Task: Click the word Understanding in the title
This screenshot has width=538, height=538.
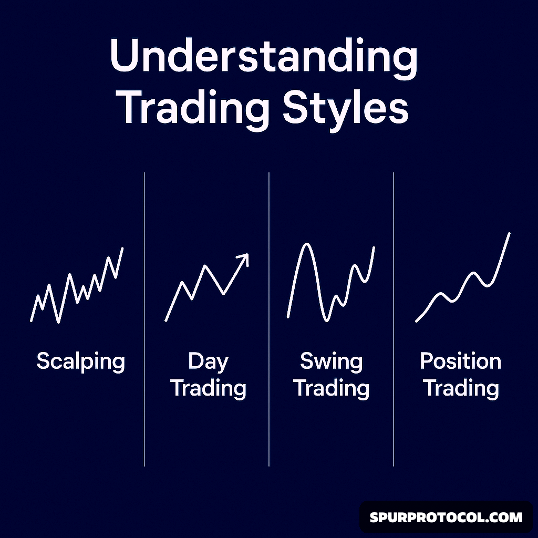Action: click(264, 58)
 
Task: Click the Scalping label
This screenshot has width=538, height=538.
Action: click(81, 362)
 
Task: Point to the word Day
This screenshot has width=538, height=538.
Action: click(208, 361)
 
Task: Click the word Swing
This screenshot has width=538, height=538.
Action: click(331, 361)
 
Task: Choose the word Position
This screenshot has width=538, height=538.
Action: click(460, 361)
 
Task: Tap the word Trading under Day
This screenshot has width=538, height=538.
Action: click(208, 389)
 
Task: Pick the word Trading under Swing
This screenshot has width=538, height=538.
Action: click(331, 389)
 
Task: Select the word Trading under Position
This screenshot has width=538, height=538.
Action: click(461, 389)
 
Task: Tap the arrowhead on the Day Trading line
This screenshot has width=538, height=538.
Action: click(243, 258)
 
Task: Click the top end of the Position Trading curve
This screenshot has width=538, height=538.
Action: click(509, 233)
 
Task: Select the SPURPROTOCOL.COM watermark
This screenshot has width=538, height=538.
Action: click(446, 518)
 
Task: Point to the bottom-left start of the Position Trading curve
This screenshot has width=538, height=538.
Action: click(417, 321)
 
